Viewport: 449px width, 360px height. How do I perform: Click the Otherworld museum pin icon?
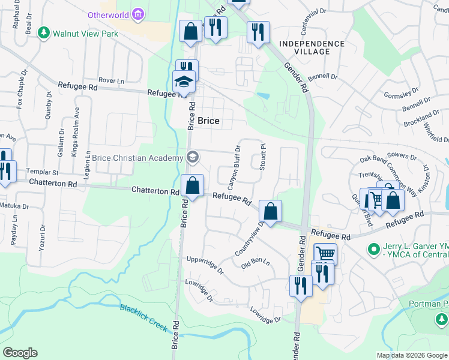pos(139,14)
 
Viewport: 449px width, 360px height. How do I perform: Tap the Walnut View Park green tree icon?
pos(43,32)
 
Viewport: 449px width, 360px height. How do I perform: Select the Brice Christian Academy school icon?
pos(193,157)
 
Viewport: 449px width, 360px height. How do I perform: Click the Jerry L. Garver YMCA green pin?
pos(374,247)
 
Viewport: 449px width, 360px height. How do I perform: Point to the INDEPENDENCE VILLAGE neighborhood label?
pos(312,47)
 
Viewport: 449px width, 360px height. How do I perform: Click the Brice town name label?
pos(208,121)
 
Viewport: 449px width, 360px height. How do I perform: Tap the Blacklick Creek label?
pos(143,317)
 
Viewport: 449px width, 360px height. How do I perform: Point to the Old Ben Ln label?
pos(256,263)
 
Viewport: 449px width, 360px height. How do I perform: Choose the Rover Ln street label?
pos(111,80)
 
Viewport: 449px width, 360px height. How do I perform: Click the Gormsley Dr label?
pos(402,95)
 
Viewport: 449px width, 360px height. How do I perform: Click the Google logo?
pos(20,353)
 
